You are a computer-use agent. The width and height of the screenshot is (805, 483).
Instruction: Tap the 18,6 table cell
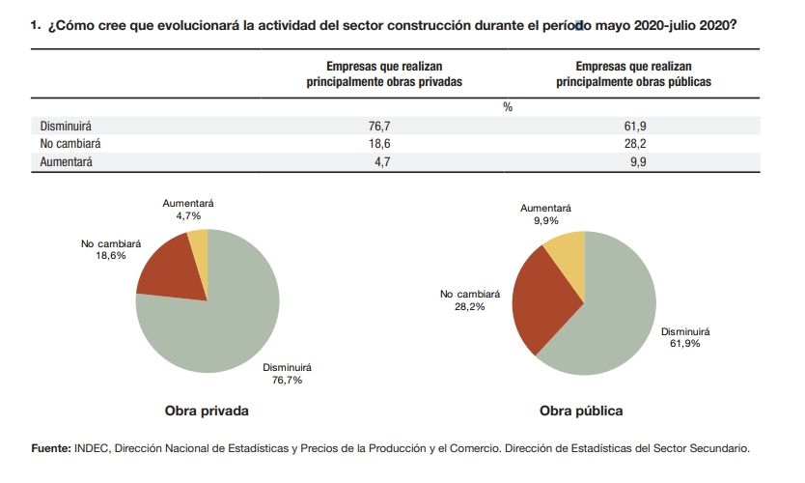click(379, 144)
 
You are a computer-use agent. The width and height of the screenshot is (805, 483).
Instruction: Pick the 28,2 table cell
click(634, 144)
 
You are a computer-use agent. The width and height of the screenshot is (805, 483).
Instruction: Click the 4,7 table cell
click(379, 162)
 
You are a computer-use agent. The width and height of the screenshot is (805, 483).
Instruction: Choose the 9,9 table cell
click(634, 162)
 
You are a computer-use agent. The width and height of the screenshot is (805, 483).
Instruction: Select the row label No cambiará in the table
click(70, 144)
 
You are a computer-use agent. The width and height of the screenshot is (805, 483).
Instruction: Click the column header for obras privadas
click(384, 74)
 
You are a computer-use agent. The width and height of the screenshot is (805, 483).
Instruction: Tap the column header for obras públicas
click(634, 74)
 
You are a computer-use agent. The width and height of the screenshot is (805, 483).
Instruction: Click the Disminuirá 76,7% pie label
click(288, 374)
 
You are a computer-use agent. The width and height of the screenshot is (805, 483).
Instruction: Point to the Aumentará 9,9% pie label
click(545, 214)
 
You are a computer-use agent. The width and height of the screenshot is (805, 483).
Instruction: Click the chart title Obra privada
click(207, 411)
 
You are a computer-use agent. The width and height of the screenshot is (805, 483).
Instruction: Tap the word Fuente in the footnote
click(50, 448)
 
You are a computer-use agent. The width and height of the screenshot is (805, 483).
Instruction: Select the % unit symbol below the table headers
click(508, 107)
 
